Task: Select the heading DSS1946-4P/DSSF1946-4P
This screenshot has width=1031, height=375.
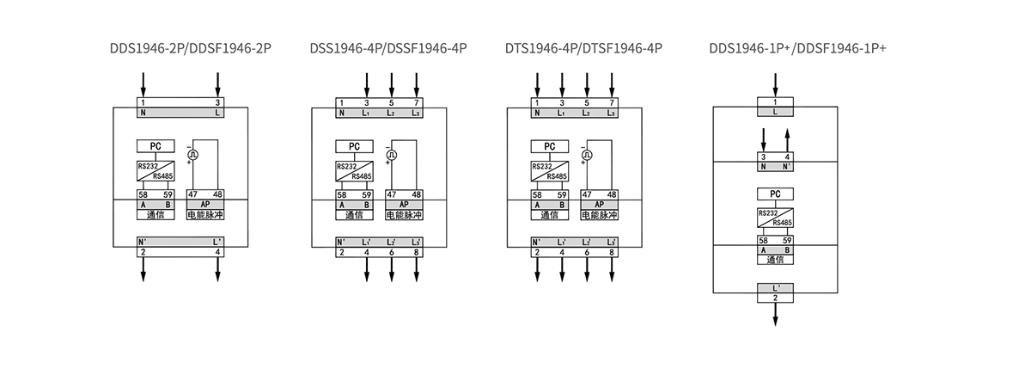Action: pos(388,48)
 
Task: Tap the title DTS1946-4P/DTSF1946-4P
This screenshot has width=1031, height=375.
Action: pos(583,48)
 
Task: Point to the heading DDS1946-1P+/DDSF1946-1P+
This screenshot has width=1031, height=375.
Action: pos(797,48)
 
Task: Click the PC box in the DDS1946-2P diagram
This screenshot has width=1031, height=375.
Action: pos(155,146)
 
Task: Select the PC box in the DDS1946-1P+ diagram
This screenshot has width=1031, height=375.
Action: pos(775,194)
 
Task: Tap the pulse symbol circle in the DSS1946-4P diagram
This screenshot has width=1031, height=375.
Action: pos(392,155)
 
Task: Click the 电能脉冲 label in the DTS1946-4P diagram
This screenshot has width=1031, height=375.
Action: pos(600,214)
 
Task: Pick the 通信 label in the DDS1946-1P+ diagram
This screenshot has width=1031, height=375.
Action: pos(775,260)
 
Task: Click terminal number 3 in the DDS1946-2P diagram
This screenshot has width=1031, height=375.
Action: pos(217,102)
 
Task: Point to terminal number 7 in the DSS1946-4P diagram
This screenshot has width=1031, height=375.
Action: pos(417,102)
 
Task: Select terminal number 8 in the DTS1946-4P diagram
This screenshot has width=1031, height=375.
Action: pos(612,252)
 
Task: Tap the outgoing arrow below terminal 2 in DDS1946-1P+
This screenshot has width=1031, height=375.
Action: pos(775,314)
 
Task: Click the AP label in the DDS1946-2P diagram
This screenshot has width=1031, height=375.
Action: pos(204,205)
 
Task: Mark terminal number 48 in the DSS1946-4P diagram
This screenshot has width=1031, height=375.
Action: pos(416,195)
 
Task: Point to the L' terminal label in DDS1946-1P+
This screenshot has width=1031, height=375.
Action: pos(776,287)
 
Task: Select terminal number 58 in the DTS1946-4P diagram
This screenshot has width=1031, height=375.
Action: pos(537,195)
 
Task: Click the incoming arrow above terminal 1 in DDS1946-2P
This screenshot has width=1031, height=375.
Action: pos(143,84)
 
